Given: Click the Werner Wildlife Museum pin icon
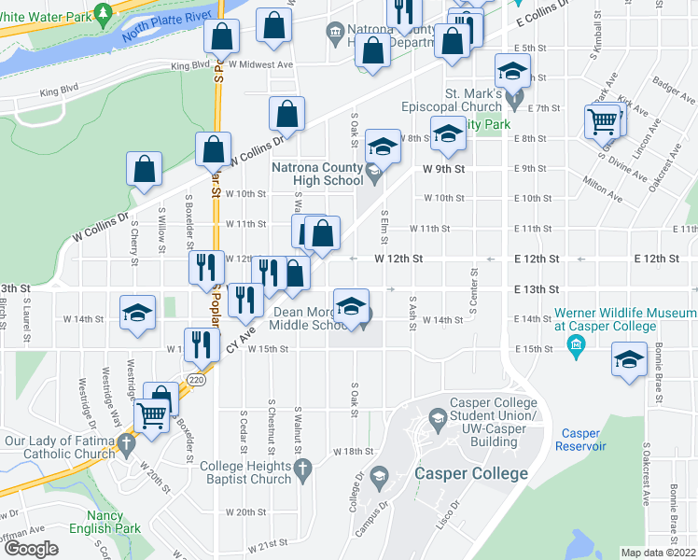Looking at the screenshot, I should tap(576, 347).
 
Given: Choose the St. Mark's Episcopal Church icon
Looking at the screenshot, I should tap(515, 93).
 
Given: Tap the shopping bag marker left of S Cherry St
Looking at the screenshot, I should tap(144, 170).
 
